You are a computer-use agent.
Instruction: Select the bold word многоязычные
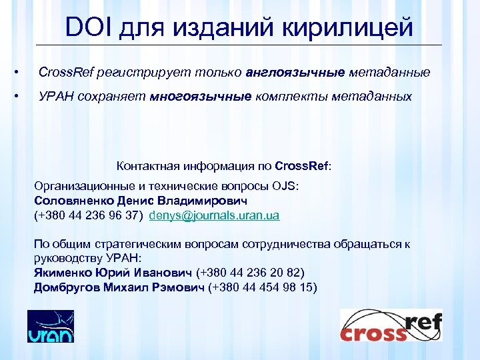[x=201, y=97]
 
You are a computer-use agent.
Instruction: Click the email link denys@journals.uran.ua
[x=215, y=215]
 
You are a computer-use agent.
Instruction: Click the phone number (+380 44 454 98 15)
[x=263, y=287]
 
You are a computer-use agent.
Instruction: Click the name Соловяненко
[x=74, y=201]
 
